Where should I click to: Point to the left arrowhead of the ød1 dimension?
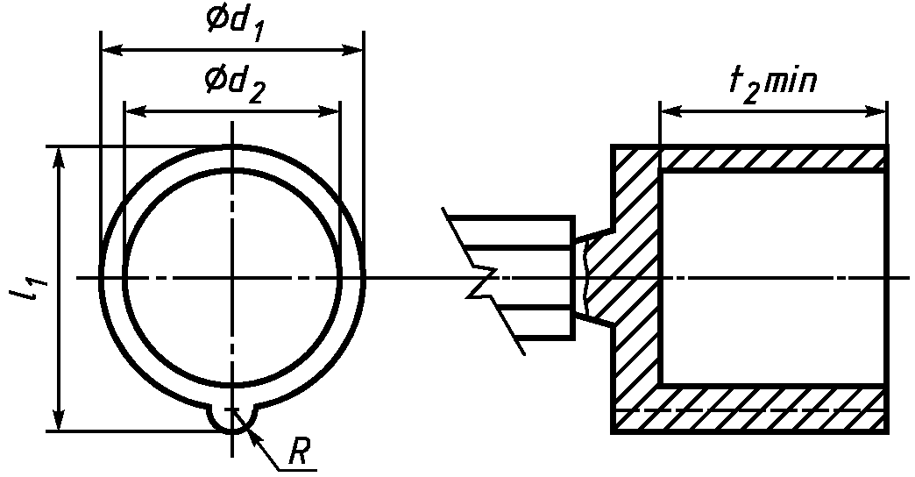point(112,51)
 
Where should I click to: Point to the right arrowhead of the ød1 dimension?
point(351,51)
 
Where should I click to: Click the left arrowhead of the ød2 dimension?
point(136,111)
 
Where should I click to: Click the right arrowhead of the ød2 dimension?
point(329,111)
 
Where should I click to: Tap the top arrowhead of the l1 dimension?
point(59,158)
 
